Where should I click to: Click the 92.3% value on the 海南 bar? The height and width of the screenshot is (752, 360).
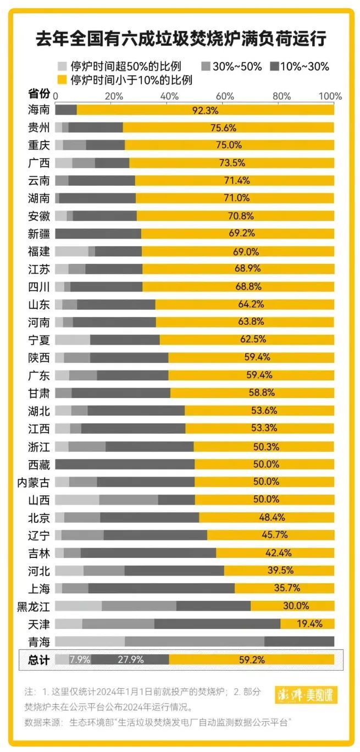coord(205,110)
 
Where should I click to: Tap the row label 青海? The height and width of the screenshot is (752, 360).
coord(39,642)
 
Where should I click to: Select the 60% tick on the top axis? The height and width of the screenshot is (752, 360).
coord(225,96)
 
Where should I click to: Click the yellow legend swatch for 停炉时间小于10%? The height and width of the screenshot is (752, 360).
coord(62,80)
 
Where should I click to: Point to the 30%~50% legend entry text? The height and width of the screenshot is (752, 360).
coord(237,67)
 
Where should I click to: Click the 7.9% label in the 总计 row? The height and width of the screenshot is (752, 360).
coord(80,660)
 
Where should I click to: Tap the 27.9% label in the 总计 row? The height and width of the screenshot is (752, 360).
coord(130,660)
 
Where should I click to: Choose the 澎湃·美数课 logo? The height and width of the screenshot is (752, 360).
coord(306,695)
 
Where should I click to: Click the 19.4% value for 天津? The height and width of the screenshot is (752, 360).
coord(309,624)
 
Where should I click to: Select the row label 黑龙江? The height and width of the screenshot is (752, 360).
coord(34,606)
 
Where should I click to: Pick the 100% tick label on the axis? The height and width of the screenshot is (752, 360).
coord(330,96)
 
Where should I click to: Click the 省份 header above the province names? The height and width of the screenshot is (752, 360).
coord(39,93)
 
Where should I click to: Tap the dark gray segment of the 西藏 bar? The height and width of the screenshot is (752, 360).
coord(125,465)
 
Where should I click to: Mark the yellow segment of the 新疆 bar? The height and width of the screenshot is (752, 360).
coord(237,234)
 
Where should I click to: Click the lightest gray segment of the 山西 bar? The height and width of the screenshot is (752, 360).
coord(77,500)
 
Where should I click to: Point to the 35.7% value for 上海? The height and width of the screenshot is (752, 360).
coord(287,588)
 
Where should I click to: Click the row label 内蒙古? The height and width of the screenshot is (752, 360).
coord(34,483)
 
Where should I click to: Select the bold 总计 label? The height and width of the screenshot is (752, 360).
coord(39,660)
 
